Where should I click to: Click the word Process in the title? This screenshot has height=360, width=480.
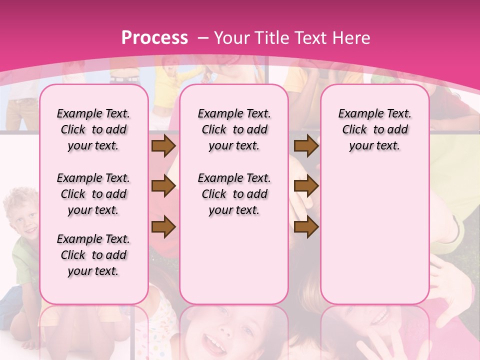(x=154, y=37)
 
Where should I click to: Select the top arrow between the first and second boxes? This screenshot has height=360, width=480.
(x=163, y=146)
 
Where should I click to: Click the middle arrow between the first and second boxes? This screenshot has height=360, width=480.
(x=163, y=186)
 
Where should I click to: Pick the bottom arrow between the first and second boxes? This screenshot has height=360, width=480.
(x=163, y=226)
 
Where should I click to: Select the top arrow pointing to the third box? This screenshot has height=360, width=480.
(x=306, y=146)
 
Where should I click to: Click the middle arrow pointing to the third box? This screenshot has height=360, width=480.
(x=306, y=186)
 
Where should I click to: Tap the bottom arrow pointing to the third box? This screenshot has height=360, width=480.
(x=306, y=226)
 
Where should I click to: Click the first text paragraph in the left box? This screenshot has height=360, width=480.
(x=93, y=129)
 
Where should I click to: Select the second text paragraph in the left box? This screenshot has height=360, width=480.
(x=93, y=194)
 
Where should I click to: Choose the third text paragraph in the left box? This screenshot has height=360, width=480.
(x=93, y=255)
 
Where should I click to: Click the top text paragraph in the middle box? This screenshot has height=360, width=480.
(x=234, y=129)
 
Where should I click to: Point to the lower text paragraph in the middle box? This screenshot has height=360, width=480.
(x=234, y=194)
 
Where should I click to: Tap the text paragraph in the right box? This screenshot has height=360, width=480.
(x=375, y=129)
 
